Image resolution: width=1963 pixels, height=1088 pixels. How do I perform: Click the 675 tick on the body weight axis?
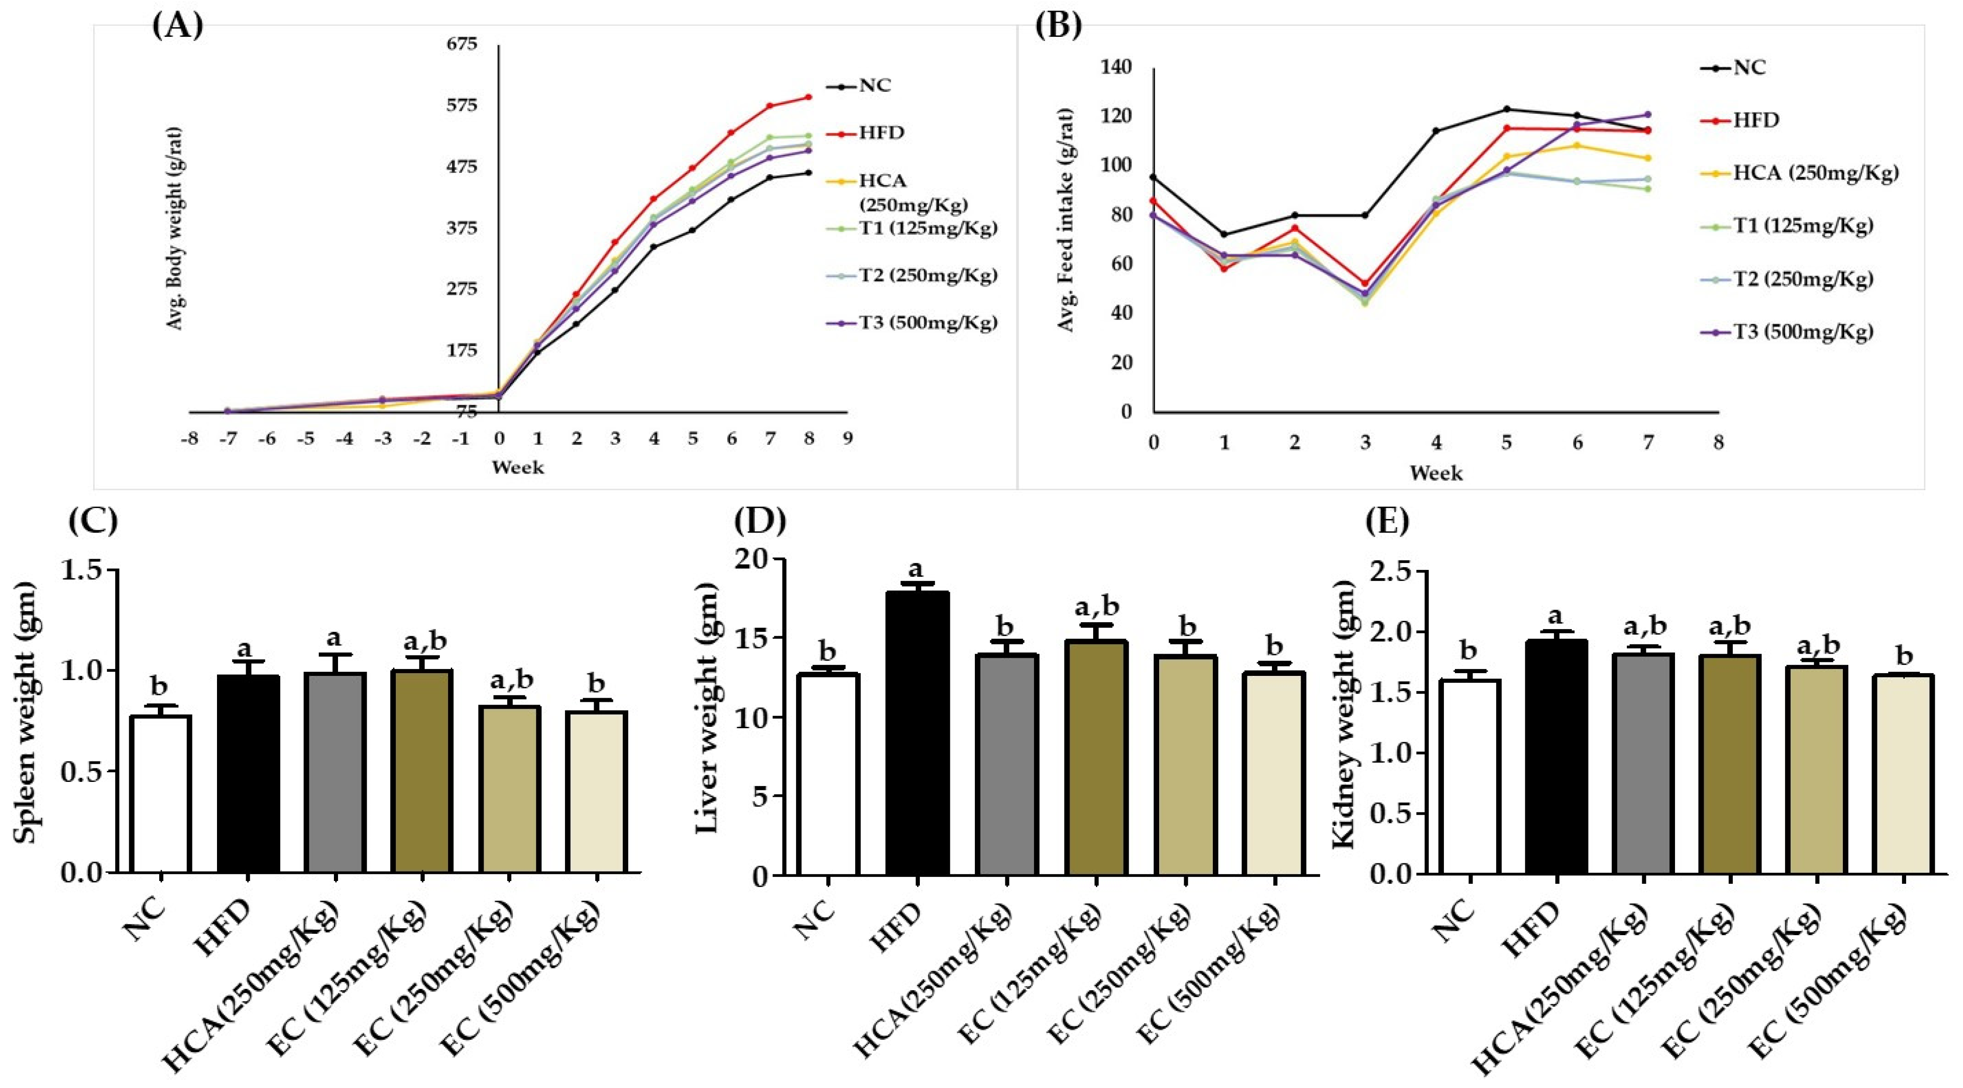point(462,44)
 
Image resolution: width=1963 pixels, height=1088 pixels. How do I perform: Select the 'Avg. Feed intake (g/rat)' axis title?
point(1066,219)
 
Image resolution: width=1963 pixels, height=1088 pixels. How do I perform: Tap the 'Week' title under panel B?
point(1436,473)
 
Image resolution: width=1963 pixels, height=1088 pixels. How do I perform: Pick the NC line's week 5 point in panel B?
point(1507,109)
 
